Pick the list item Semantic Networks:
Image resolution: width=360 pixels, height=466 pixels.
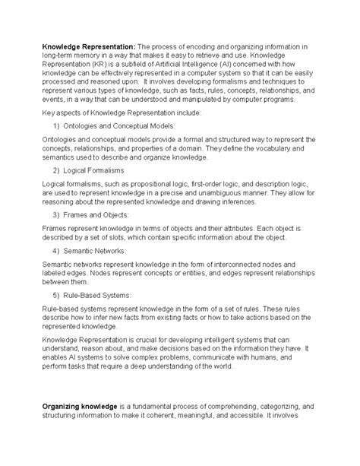click(108, 250)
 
